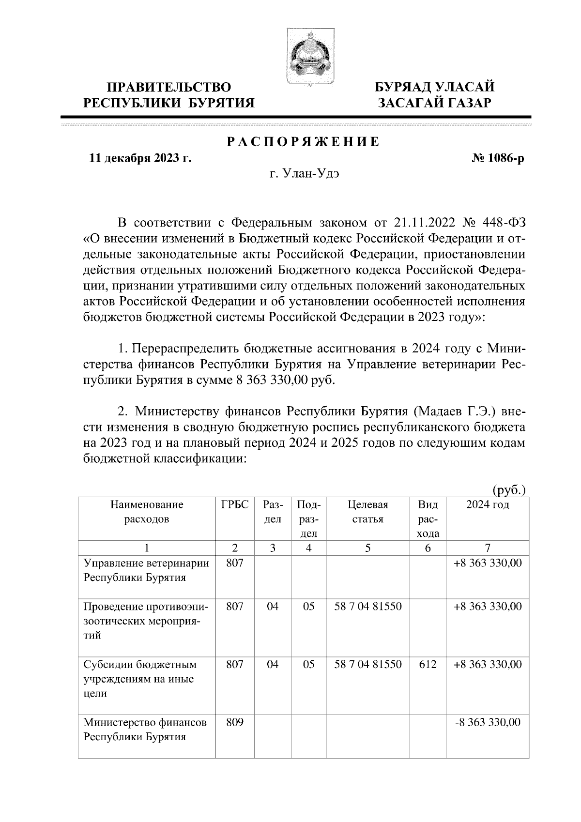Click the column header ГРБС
pyautogui.click(x=235, y=505)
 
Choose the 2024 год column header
pyautogui.click(x=488, y=505)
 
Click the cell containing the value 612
pyautogui.click(x=428, y=665)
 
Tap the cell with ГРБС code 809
pyautogui.click(x=235, y=723)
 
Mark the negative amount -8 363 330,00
pyautogui.click(x=488, y=723)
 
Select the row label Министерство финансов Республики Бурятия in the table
pyautogui.click(x=145, y=730)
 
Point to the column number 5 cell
pyautogui.click(x=368, y=548)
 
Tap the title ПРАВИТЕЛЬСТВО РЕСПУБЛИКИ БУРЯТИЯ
pyautogui.click(x=169, y=95)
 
